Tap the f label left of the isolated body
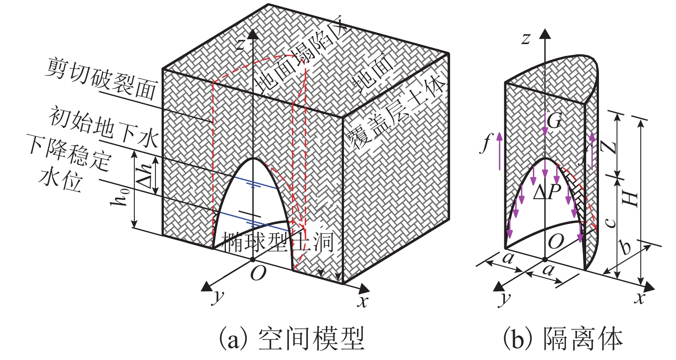click(486, 144)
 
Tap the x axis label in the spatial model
click(362, 302)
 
